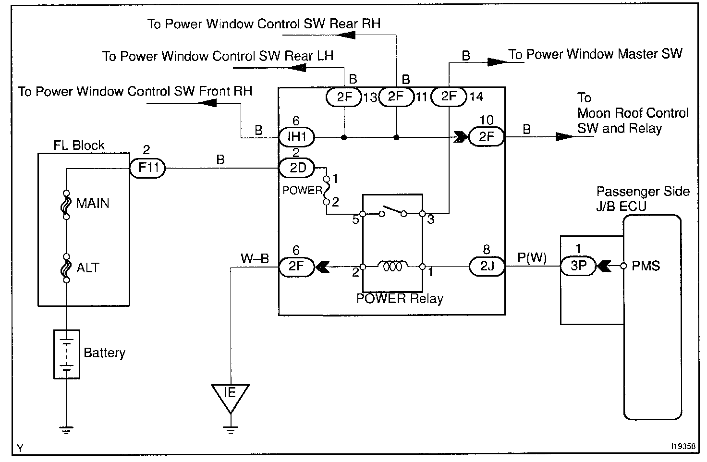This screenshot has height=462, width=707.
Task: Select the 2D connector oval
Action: [x=296, y=168]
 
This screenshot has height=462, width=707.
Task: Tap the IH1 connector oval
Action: [x=296, y=137]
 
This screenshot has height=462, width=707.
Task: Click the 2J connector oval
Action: [x=487, y=266]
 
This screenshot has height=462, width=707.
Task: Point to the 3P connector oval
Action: [x=578, y=266]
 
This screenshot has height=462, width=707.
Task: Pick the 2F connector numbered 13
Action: [x=344, y=97]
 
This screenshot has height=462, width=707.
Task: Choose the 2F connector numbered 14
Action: [x=449, y=97]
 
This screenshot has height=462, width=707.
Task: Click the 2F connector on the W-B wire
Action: [x=296, y=266]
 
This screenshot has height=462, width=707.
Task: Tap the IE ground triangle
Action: [x=231, y=395]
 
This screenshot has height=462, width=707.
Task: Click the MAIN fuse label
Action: [x=92, y=203]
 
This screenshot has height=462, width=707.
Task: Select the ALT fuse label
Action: [x=87, y=267]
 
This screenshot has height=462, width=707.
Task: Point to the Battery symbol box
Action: [x=66, y=354]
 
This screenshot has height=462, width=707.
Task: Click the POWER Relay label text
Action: [x=400, y=299]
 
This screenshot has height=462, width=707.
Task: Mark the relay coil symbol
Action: [x=393, y=266]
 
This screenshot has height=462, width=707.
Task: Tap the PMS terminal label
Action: [x=646, y=266]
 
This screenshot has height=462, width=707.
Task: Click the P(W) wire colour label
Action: [x=532, y=258]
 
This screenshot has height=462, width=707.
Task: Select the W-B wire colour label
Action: [x=255, y=259]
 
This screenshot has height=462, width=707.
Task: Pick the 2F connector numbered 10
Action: [x=487, y=137]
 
